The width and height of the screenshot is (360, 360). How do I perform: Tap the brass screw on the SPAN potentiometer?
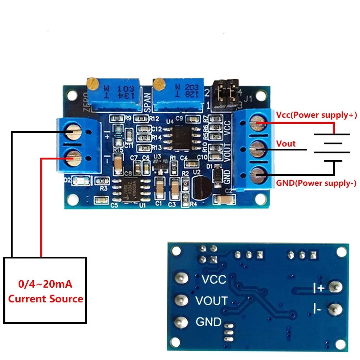tap(158, 84)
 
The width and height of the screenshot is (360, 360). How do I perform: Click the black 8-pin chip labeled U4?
tap(182, 137)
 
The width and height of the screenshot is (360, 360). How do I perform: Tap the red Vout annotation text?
tap(286, 144)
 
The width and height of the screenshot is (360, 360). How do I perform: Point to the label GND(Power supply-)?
tap(316, 183)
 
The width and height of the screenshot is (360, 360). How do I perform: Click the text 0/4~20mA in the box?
tap(45, 284)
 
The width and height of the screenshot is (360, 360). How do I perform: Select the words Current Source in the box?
tap(45, 299)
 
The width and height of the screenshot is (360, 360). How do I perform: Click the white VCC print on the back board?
tap(214, 279)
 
